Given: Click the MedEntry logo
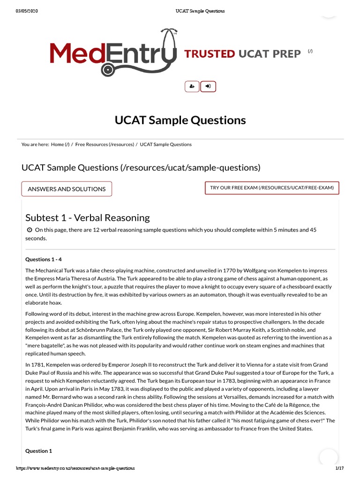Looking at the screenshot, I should click(112, 52).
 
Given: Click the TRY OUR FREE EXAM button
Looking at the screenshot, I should click(272, 188).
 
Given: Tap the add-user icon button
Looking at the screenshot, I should click(192, 86).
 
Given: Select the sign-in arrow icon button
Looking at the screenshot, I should click(208, 86).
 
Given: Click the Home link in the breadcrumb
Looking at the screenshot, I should click(58, 144).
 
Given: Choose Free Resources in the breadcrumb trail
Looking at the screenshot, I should click(91, 144).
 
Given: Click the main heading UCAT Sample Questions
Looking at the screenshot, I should click(180, 120).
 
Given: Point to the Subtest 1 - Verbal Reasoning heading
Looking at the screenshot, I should click(87, 217).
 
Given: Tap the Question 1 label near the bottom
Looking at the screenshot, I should click(38, 451).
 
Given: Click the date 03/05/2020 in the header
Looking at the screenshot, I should click(27, 11).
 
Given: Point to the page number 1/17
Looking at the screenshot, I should click(339, 468).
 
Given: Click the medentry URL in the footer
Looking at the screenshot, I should click(75, 468).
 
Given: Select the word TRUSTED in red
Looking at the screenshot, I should click(210, 54).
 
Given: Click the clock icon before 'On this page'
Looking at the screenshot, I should click(30, 230).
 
